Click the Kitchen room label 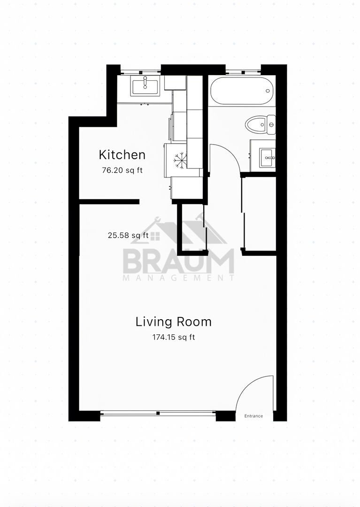[122, 154]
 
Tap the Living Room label [174, 322]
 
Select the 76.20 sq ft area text [122, 170]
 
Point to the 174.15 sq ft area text [174, 337]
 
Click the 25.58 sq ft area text [128, 235]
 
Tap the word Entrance [253, 416]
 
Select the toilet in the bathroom [260, 124]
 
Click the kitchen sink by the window [145, 86]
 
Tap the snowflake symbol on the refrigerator [180, 161]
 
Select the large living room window [158, 413]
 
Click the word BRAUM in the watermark [179, 261]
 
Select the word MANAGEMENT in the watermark [179, 278]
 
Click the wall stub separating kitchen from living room [109, 202]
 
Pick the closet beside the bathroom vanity [260, 214]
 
